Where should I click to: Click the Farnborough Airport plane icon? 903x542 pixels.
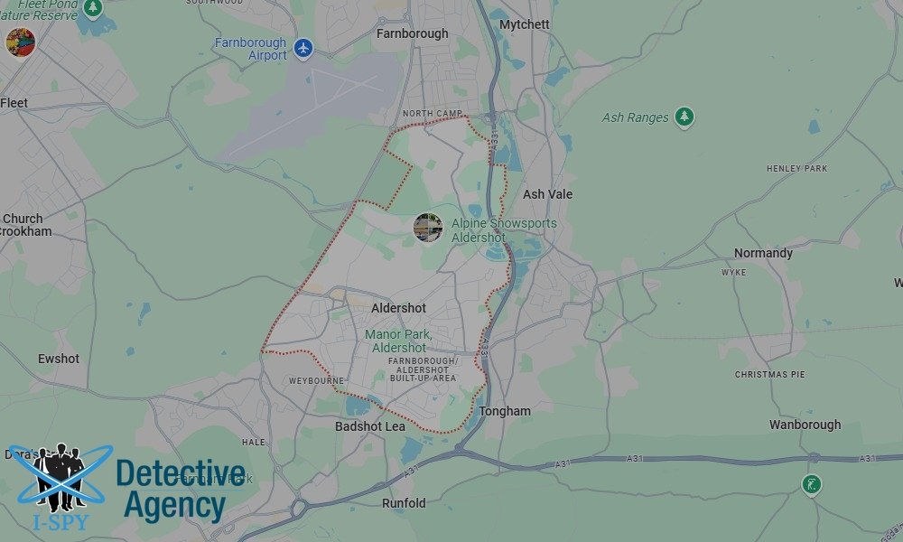pos(303,48)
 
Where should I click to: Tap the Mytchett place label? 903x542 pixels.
pos(524,24)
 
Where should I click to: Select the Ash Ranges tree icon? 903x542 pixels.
pos(684,117)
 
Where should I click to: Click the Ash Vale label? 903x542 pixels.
pos(547,194)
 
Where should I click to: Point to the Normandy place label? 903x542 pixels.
pos(763,253)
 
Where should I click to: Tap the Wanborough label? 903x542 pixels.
pos(805,425)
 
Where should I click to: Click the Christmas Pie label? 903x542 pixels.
pos(769,374)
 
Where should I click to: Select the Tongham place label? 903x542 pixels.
pos(505,411)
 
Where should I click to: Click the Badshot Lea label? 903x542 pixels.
pos(370,426)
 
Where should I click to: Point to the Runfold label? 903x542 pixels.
pos(404,503)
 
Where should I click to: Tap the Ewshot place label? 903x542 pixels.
pos(59,359)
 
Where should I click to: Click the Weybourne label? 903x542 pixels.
pos(316,381)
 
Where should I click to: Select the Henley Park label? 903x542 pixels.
pos(796,169)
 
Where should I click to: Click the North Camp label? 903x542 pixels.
pos(431,114)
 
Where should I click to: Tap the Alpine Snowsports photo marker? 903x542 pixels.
pos(427,227)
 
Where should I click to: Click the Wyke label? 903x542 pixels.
pos(733,272)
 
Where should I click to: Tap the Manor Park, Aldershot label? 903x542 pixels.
pos(398,341)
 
